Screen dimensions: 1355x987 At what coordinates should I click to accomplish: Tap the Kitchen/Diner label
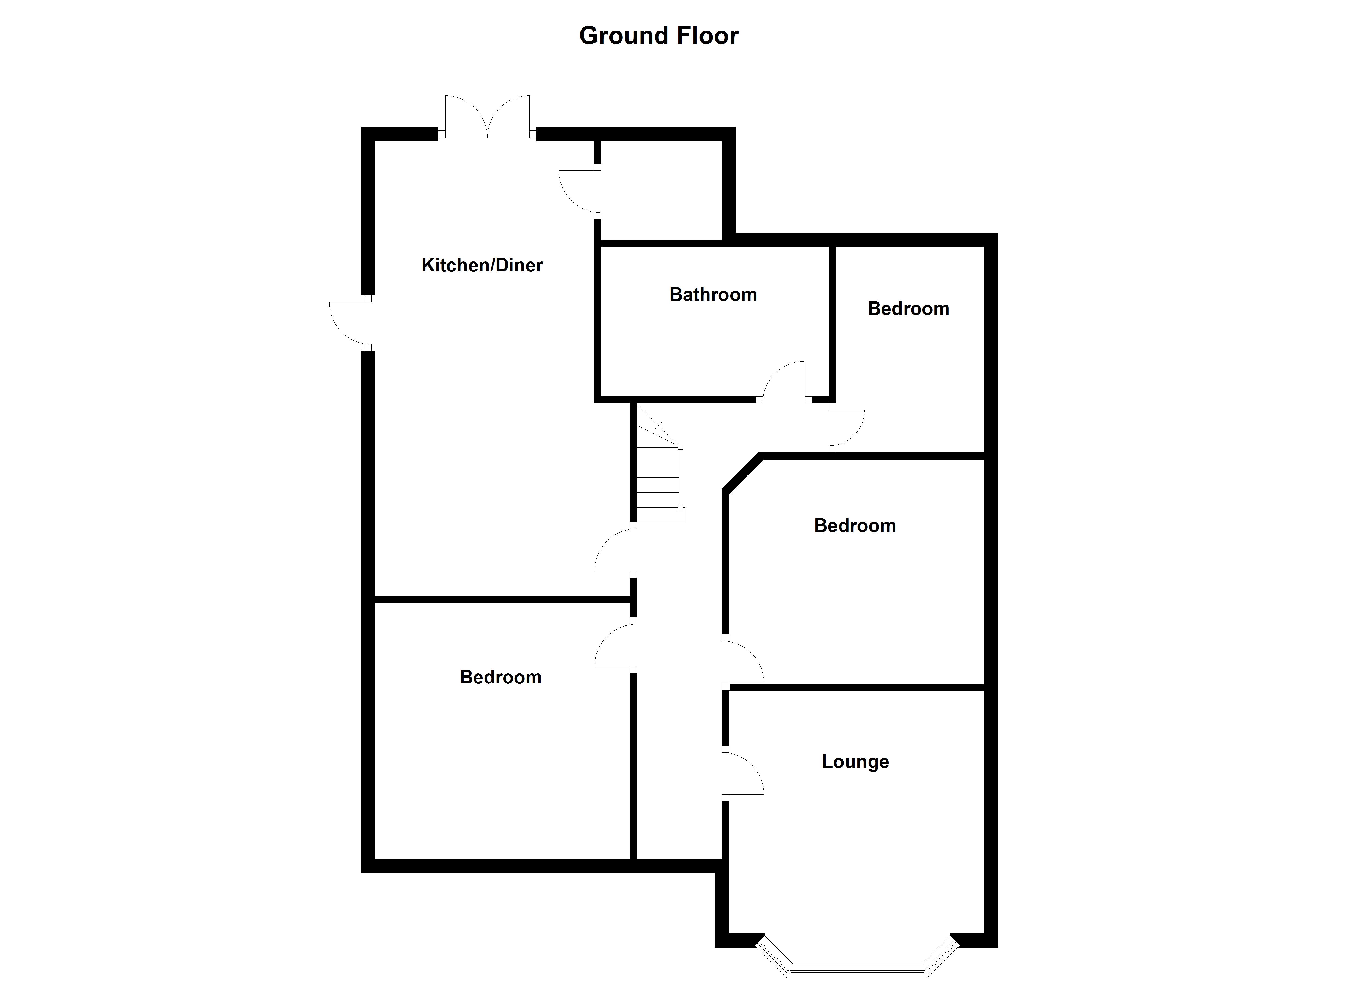coord(482,265)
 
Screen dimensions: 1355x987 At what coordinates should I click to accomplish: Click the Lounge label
coord(855,762)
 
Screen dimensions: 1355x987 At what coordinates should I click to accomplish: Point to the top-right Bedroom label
coord(908,308)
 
